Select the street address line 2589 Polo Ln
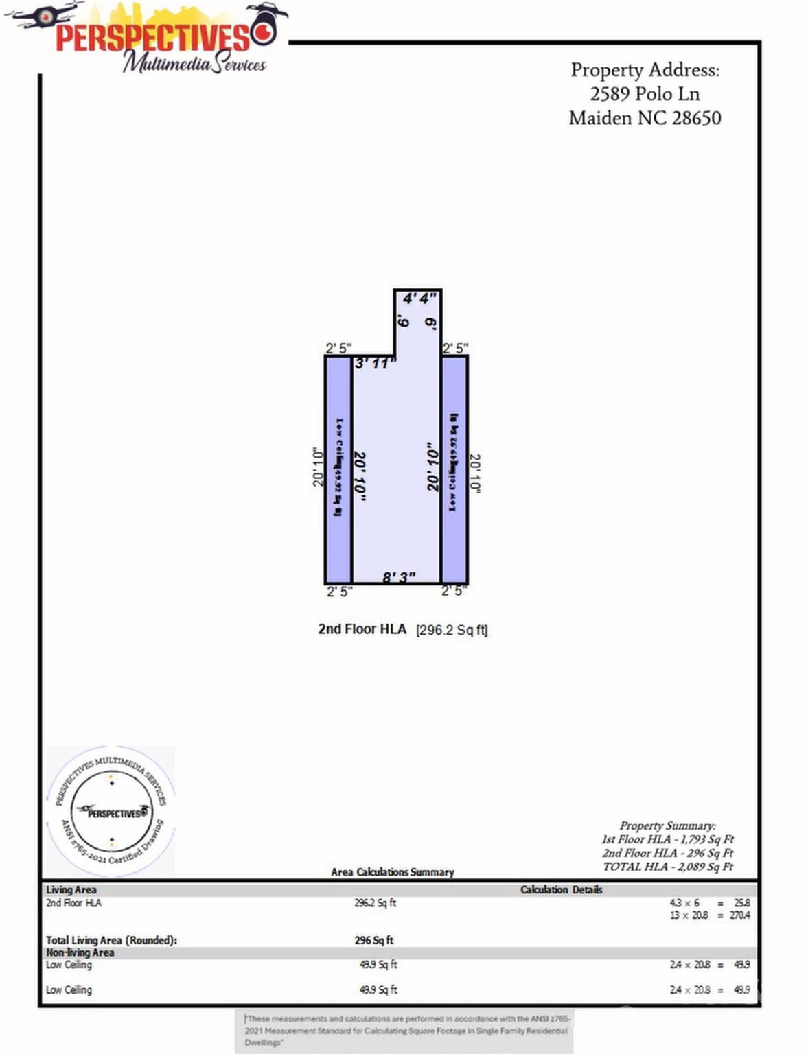point(645,94)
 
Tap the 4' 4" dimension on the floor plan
point(419,298)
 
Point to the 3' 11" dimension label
point(375,363)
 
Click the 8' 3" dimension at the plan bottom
point(399,577)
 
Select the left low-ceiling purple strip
point(338,469)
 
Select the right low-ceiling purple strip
point(454,469)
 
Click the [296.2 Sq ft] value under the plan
point(452,630)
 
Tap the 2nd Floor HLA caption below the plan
point(362,629)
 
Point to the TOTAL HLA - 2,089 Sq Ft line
point(668,867)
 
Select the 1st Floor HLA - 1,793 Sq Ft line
point(668,839)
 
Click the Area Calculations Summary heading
point(393,872)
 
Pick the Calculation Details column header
point(561,890)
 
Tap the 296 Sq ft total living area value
point(374,940)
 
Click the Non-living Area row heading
point(80,952)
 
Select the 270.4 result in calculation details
point(739,915)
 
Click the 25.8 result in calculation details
point(742,903)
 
